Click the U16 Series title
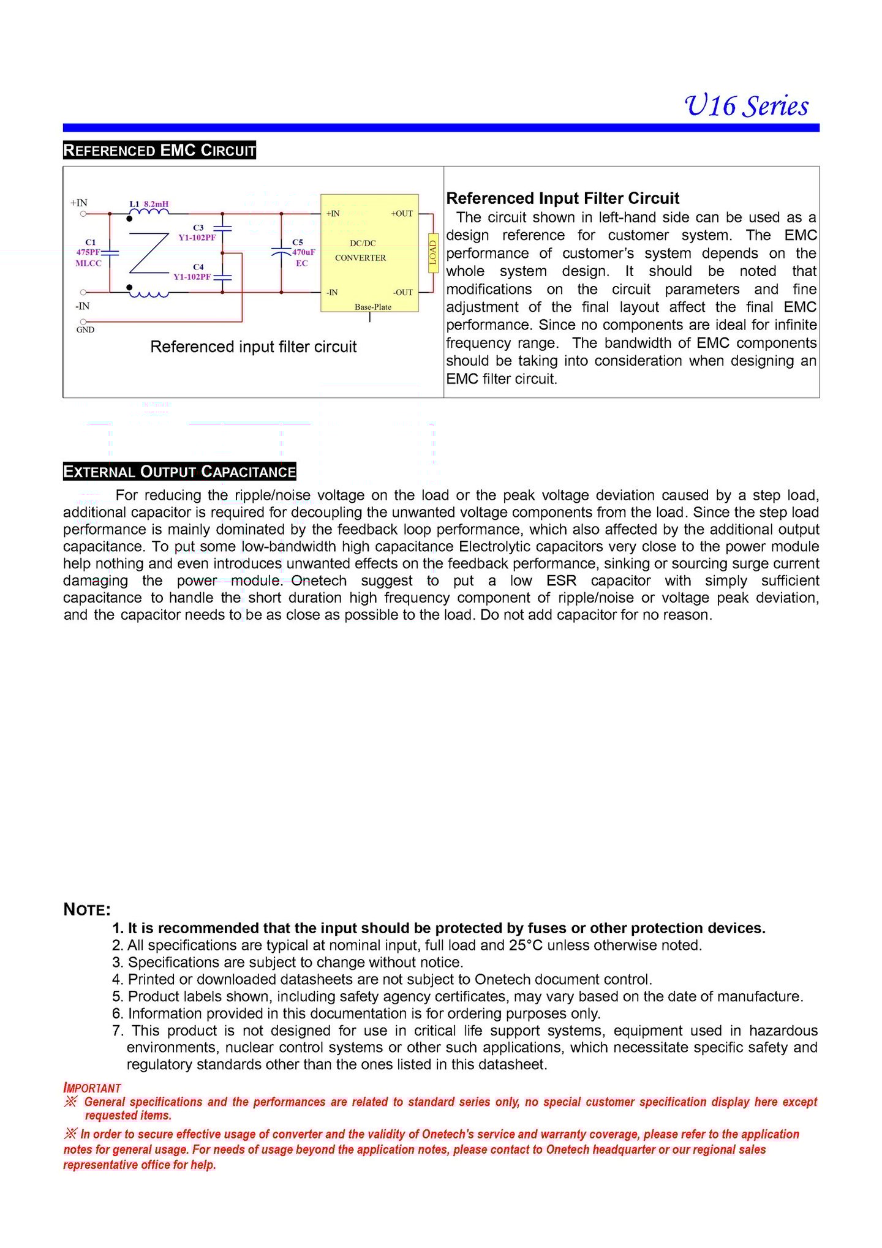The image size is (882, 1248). coord(746,106)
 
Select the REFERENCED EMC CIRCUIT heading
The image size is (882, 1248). coord(159,151)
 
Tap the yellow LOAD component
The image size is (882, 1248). coord(432,252)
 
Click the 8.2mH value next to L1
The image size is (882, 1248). coord(156,204)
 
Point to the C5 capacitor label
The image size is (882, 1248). coord(298,242)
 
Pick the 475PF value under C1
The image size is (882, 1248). coord(88,252)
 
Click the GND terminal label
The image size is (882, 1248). coord(85,330)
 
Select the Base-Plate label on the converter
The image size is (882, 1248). coord(372,307)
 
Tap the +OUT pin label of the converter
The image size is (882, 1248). coord(402,214)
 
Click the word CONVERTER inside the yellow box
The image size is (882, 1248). coord(360,258)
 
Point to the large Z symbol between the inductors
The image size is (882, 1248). coord(149,253)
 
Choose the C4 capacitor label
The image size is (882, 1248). coord(198,267)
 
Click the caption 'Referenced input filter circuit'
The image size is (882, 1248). coord(253,347)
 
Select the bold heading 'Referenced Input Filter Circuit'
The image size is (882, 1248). coord(562,198)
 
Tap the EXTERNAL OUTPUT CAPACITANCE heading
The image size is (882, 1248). coord(179,472)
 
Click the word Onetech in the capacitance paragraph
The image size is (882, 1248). coord(318,581)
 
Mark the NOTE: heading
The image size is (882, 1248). coord(87,910)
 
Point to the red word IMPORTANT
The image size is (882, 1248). coord(92,1088)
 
